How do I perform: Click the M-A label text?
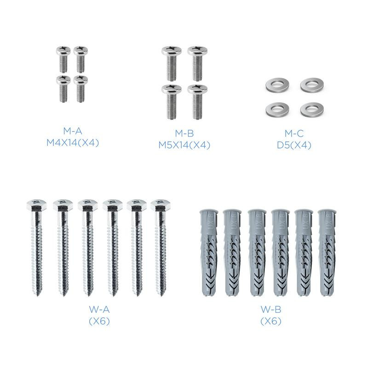click(73, 131)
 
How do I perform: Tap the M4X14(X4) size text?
click(73, 143)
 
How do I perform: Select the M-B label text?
click(184, 133)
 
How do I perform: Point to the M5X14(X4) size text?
click(184, 145)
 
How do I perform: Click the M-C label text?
click(294, 133)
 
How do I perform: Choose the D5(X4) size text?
click(294, 145)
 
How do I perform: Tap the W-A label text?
click(99, 310)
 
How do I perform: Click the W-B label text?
click(271, 309)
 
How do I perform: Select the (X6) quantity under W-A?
click(99, 321)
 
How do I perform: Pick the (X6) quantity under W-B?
click(271, 321)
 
